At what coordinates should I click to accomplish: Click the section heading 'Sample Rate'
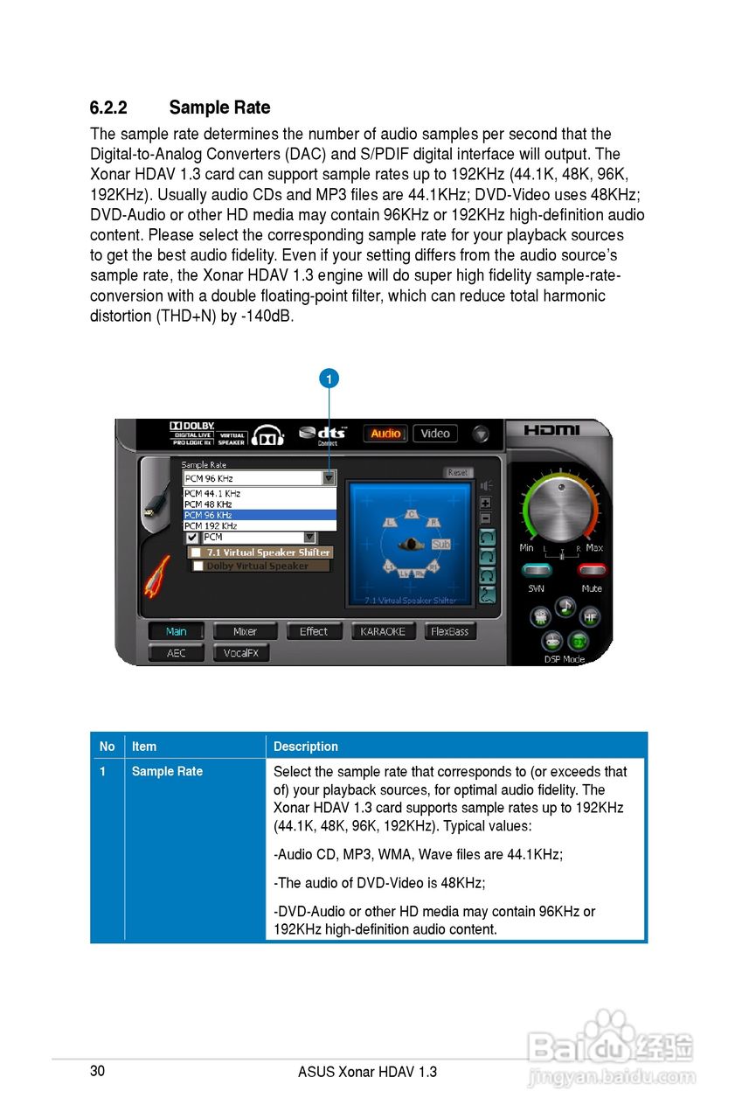point(219,108)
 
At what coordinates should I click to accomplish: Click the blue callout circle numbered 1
point(329,379)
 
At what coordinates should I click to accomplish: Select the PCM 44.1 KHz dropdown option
point(212,494)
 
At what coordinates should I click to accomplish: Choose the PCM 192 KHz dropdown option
point(211,526)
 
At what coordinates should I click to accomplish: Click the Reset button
point(458,472)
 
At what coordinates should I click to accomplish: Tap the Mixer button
point(245,631)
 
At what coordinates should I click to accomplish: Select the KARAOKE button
point(382,631)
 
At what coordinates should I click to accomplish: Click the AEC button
point(176,653)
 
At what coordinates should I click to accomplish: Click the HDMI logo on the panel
point(552,430)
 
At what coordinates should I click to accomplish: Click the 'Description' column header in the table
point(306,747)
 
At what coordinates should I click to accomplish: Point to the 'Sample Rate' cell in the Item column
point(167,771)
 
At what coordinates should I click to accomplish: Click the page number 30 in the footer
point(98,1071)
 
